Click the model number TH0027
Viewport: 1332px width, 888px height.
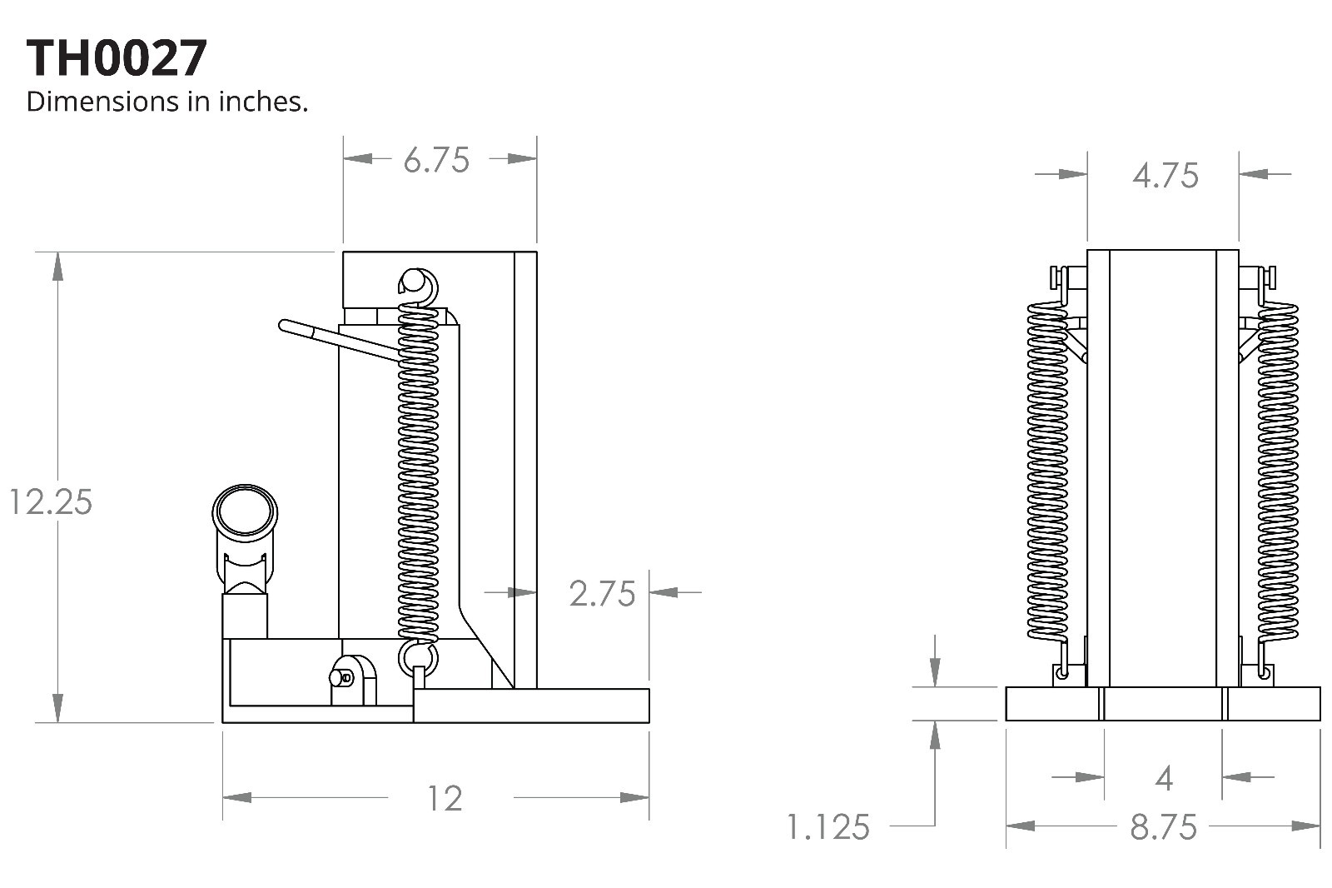pos(117,58)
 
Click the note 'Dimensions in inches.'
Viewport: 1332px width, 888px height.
pos(167,102)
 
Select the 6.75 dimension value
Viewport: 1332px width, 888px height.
pos(436,160)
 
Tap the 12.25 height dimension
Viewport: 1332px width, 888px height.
pos(50,502)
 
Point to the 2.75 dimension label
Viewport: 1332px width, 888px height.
pos(602,594)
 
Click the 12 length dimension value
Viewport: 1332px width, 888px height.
pos(445,799)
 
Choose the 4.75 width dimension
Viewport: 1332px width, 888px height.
pos(1165,176)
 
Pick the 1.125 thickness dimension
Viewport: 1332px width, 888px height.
pos(828,827)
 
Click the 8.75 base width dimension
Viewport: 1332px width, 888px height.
pos(1163,827)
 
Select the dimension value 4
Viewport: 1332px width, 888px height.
pos(1164,779)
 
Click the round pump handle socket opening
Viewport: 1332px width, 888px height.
pos(245,511)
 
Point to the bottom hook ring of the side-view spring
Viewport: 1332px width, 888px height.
pos(418,657)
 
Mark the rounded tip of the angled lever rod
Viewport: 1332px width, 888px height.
pos(286,326)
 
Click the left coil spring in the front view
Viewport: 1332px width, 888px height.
pos(1047,471)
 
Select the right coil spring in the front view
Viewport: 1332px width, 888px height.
pos(1278,471)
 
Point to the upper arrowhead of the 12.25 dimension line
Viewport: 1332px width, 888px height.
pos(57,266)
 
